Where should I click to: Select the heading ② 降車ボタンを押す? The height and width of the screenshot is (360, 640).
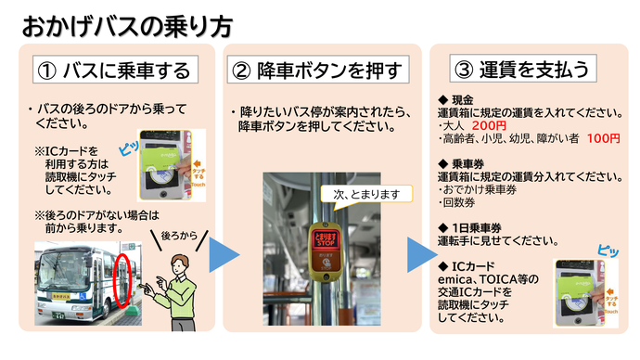tap(317, 70)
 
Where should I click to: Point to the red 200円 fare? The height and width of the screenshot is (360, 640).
tap(490, 125)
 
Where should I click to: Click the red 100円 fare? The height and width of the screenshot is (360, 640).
tap(603, 138)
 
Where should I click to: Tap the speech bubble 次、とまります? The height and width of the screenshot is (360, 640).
tap(365, 194)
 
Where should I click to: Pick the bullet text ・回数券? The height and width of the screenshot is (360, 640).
tap(460, 202)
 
